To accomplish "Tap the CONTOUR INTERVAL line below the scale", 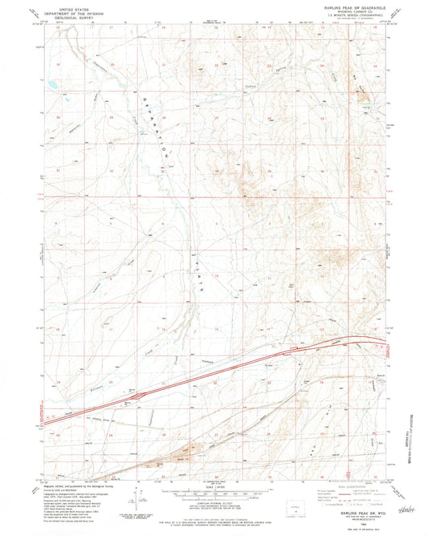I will click(214, 503).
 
